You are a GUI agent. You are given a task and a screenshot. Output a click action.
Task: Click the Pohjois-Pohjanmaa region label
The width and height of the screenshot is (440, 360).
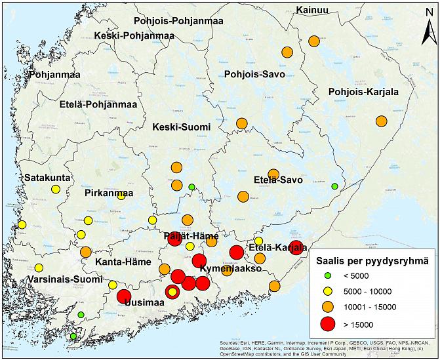click(178, 21)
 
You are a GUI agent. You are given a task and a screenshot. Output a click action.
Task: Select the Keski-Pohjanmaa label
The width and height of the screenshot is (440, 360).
click(134, 35)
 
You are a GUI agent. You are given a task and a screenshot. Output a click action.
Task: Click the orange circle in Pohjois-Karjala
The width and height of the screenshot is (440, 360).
click(382, 121)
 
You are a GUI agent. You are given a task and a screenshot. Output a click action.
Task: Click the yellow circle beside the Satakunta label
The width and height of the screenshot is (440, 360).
click(55, 190)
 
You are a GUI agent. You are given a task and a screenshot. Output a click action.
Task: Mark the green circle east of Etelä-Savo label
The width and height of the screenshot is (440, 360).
click(334, 186)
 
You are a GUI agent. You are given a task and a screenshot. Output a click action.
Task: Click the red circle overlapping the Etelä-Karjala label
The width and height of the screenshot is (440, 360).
click(296, 247)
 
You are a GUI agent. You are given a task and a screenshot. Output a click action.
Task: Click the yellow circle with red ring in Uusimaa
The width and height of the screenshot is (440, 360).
click(172, 291)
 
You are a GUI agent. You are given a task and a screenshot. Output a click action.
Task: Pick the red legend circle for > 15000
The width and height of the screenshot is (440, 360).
click(329, 323)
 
